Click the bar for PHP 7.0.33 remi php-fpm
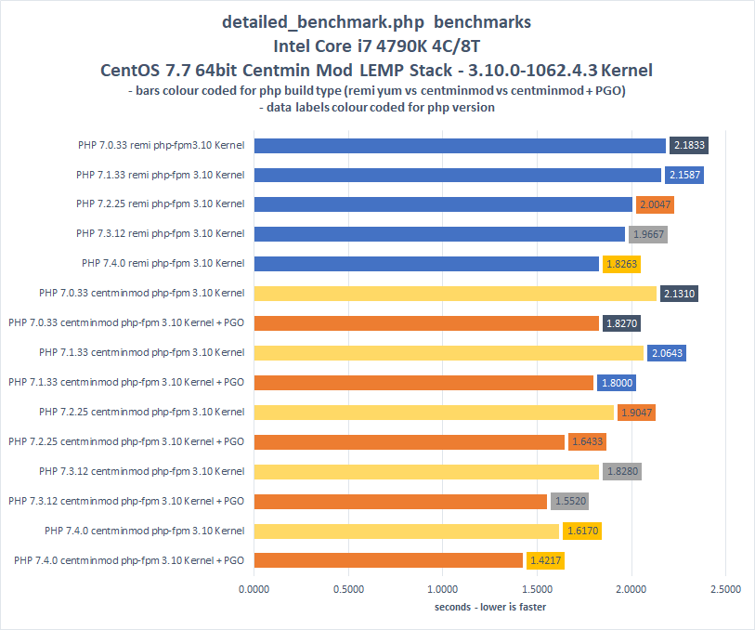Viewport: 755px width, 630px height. (x=460, y=145)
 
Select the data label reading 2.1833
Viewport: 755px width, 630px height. (x=690, y=145)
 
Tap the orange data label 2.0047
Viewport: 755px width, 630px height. (x=655, y=204)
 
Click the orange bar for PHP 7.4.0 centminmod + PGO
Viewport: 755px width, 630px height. (x=388, y=560)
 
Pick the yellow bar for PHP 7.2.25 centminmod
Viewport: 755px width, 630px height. (x=434, y=412)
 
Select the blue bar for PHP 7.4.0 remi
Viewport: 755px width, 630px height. (x=426, y=264)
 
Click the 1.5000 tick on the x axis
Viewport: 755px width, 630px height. (x=537, y=588)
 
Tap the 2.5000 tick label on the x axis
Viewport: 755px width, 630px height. (x=725, y=588)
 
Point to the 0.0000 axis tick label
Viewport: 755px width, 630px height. (x=254, y=588)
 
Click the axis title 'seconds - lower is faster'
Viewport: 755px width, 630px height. (x=490, y=607)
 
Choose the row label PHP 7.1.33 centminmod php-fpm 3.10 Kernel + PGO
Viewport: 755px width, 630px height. (x=126, y=382)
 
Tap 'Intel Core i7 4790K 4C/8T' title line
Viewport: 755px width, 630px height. (x=377, y=45)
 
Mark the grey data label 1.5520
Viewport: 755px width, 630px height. (x=569, y=501)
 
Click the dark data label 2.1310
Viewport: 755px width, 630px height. (x=678, y=294)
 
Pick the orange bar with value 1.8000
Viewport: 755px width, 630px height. (x=423, y=382)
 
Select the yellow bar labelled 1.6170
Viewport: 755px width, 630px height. (x=406, y=531)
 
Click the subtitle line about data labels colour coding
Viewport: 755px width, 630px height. (x=377, y=107)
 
